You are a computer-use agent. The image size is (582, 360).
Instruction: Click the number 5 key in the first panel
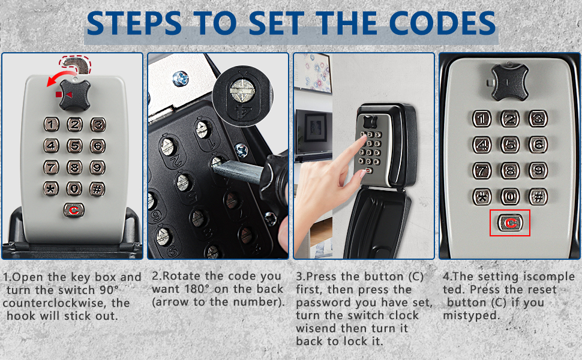(x=74, y=146)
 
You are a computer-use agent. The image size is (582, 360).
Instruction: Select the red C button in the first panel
(x=74, y=210)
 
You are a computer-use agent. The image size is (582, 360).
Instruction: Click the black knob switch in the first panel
(x=75, y=95)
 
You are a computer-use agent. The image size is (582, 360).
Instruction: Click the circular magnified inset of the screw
(x=243, y=97)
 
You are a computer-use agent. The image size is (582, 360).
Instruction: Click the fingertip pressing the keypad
(x=362, y=138)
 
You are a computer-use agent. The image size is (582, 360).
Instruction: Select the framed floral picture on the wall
(x=313, y=73)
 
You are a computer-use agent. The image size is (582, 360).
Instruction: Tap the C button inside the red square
(x=510, y=223)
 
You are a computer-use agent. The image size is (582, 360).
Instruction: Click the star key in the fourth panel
(x=482, y=197)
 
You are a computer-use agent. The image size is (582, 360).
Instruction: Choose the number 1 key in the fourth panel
(x=482, y=119)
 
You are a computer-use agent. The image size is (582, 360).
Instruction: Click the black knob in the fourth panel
(x=509, y=82)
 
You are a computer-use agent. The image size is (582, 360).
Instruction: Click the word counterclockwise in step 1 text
(x=55, y=303)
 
